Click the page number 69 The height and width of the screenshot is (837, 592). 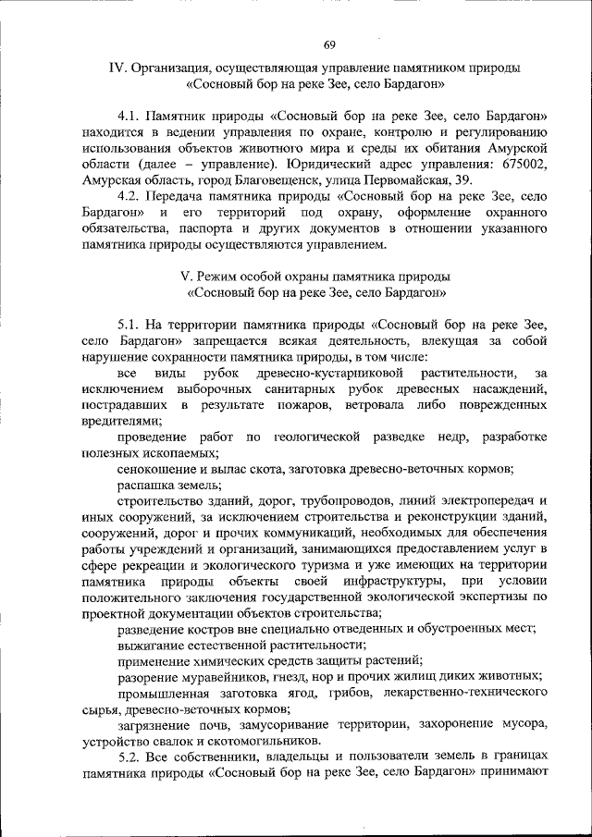point(329,44)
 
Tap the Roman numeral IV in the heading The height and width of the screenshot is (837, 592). point(117,68)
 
